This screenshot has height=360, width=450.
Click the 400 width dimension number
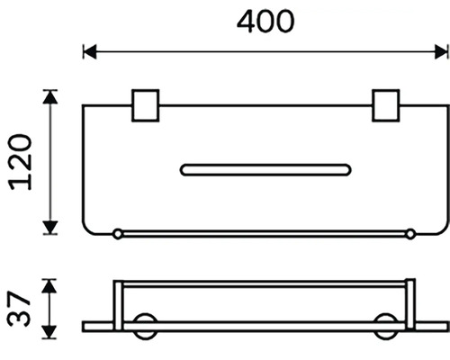point(265,22)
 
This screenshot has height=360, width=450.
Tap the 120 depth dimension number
point(21,162)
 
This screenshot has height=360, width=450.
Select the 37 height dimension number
point(19,309)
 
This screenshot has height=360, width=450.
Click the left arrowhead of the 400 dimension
point(90,51)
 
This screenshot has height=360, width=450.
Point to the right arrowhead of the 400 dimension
point(441,51)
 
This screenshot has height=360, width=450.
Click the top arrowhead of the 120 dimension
point(50,97)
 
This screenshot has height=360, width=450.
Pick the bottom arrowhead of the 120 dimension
point(50,227)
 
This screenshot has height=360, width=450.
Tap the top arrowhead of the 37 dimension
point(49,286)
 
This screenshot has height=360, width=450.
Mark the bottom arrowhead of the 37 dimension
point(49,332)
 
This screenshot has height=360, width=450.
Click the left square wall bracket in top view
point(146,105)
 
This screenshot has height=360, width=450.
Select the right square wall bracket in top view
point(386,105)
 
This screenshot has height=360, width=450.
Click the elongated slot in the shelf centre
point(265,170)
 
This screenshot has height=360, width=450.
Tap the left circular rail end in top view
point(118,234)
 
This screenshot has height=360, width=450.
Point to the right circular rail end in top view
point(410,234)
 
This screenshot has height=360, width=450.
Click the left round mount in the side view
point(145,327)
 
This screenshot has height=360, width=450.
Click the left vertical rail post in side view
point(118,305)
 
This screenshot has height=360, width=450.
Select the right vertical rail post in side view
point(410,304)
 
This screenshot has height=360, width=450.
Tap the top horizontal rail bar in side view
point(264,284)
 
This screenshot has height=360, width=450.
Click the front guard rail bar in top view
point(264,234)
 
